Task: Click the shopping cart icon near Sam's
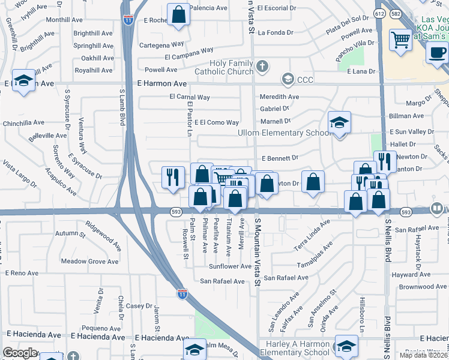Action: point(400,40)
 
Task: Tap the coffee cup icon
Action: point(437,52)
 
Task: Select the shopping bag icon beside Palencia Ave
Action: point(178,15)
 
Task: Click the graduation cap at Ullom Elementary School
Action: point(339,123)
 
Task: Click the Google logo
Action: point(20,353)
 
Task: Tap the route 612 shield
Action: point(379,13)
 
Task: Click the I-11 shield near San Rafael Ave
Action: point(182,294)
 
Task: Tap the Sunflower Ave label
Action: point(230,266)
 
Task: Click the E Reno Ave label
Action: point(22,273)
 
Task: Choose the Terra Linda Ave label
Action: point(312,233)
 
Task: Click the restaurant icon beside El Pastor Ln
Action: point(172,177)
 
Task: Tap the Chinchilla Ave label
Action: point(23,122)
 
